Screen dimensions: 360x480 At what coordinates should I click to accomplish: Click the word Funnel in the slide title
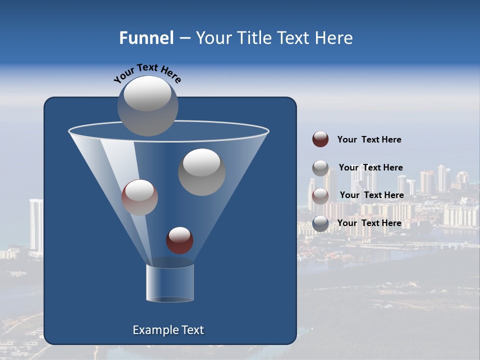point(146,38)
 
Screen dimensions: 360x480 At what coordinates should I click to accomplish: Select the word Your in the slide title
point(214,38)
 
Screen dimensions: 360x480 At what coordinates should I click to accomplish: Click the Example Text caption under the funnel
point(168,330)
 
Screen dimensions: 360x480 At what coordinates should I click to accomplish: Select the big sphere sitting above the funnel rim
point(148,105)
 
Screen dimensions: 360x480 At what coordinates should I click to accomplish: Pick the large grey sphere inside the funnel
point(201,172)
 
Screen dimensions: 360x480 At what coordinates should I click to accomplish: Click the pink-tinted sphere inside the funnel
point(139,197)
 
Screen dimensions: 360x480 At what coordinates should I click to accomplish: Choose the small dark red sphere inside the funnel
point(179,240)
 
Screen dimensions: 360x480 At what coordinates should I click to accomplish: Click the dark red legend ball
point(320,139)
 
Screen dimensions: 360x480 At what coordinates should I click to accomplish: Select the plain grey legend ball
point(320,168)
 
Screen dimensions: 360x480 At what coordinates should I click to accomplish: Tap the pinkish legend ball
point(320,195)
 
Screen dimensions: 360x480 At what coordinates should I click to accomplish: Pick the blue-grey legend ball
point(320,223)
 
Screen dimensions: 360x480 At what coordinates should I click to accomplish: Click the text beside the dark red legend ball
point(369,140)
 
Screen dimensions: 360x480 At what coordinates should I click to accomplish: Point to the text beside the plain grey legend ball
point(370,167)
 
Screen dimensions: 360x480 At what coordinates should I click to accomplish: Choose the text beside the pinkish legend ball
point(371,195)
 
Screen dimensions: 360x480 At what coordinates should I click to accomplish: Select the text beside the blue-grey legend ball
point(369,223)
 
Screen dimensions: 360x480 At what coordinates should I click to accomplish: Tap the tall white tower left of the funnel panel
point(36,225)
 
